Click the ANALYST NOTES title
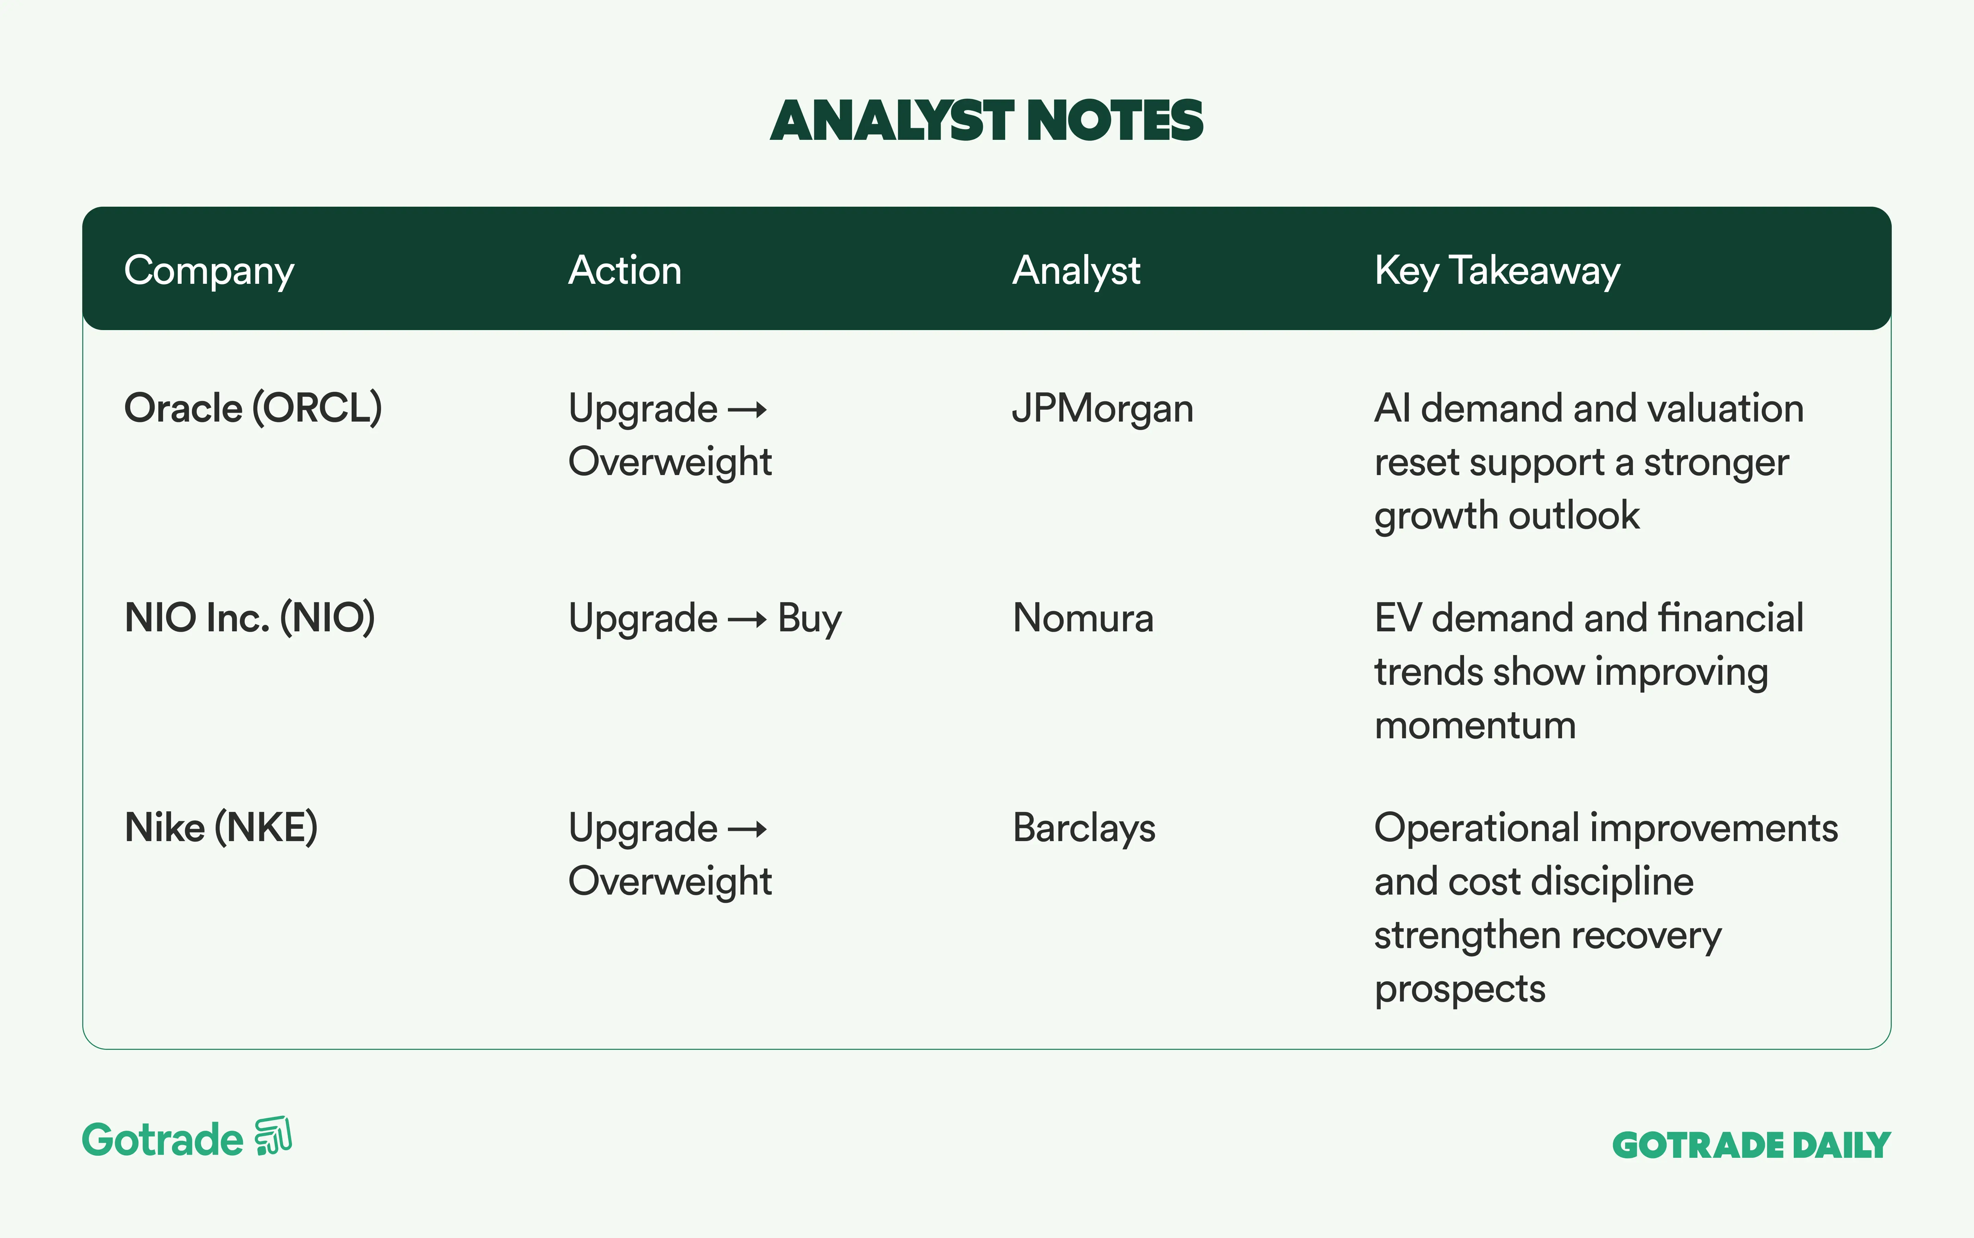(987, 120)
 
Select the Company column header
(209, 271)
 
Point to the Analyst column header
(1076, 271)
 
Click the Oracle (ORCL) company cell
(253, 408)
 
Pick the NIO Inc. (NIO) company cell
(250, 617)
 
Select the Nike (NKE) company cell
(221, 827)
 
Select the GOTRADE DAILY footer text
(1751, 1145)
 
